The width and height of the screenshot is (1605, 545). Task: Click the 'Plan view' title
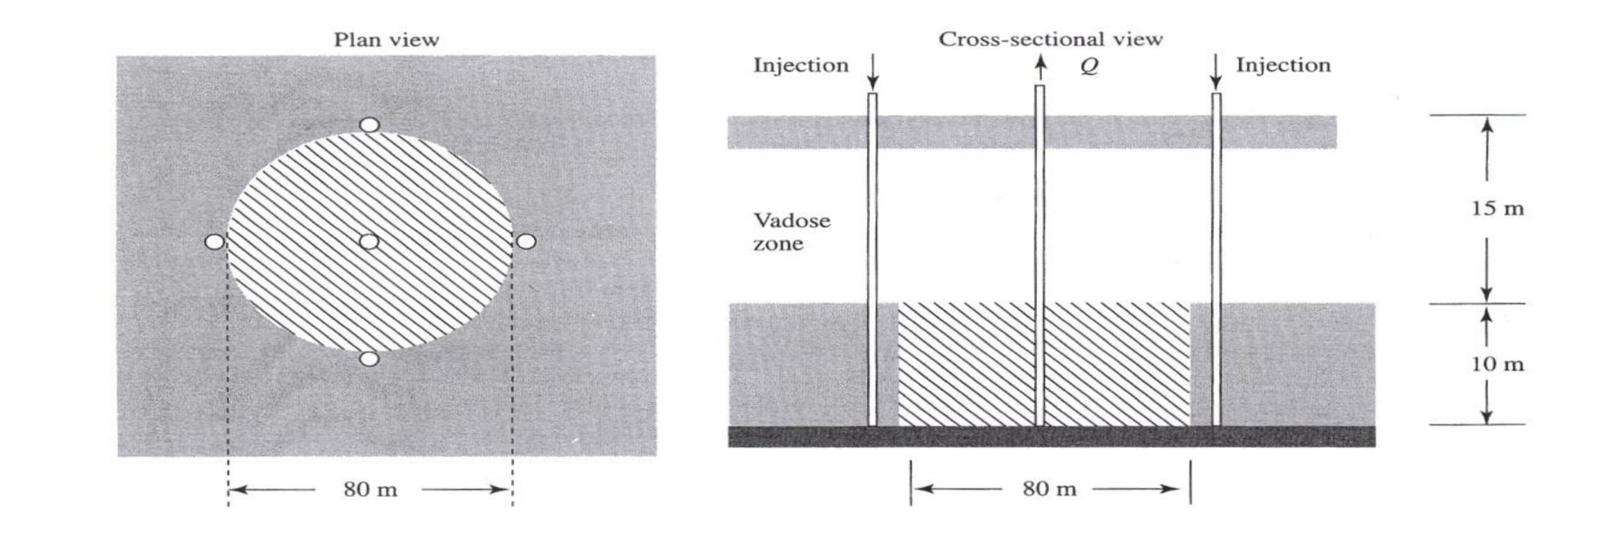(386, 40)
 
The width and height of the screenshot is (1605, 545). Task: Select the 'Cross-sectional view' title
(1050, 39)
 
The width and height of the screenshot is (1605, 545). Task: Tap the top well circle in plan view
(369, 125)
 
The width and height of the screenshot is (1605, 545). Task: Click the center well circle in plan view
(369, 242)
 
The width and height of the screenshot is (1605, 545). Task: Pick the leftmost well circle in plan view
(215, 242)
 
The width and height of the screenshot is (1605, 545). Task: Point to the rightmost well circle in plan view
(527, 242)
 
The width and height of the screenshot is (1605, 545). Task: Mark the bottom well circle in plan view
(369, 359)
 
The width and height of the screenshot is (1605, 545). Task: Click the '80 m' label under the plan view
(370, 490)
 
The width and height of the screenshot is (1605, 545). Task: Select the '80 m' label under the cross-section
(1049, 489)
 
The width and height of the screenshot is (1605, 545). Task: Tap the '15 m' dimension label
(1497, 208)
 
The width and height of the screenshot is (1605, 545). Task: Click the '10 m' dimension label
(1497, 364)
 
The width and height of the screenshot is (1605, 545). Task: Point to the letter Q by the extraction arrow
(1089, 67)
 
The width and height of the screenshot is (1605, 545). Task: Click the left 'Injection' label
(800, 65)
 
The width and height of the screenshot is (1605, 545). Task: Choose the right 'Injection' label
(1283, 65)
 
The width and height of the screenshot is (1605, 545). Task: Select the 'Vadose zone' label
(791, 232)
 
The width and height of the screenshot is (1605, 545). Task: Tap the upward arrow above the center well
(1040, 68)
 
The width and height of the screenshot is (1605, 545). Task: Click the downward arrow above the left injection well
(873, 72)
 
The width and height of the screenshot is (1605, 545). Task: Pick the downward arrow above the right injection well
(1216, 72)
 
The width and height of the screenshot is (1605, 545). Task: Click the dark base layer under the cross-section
(1051, 437)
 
